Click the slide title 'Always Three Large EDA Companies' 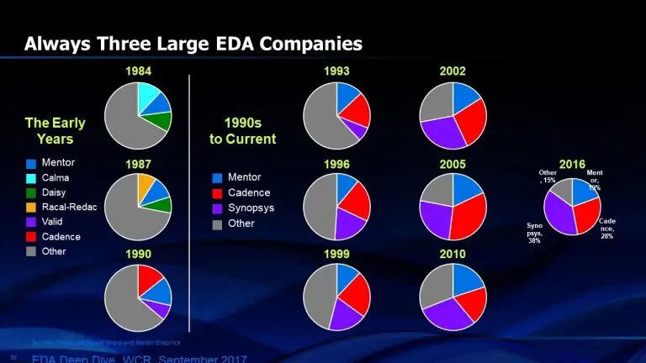click(193, 43)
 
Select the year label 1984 click(138, 71)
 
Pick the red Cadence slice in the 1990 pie click(149, 277)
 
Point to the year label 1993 click(336, 71)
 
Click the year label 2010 click(453, 253)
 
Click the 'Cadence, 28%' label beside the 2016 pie click(607, 228)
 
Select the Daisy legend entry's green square click(31, 192)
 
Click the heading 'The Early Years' click(55, 130)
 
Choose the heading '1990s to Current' click(243, 130)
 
